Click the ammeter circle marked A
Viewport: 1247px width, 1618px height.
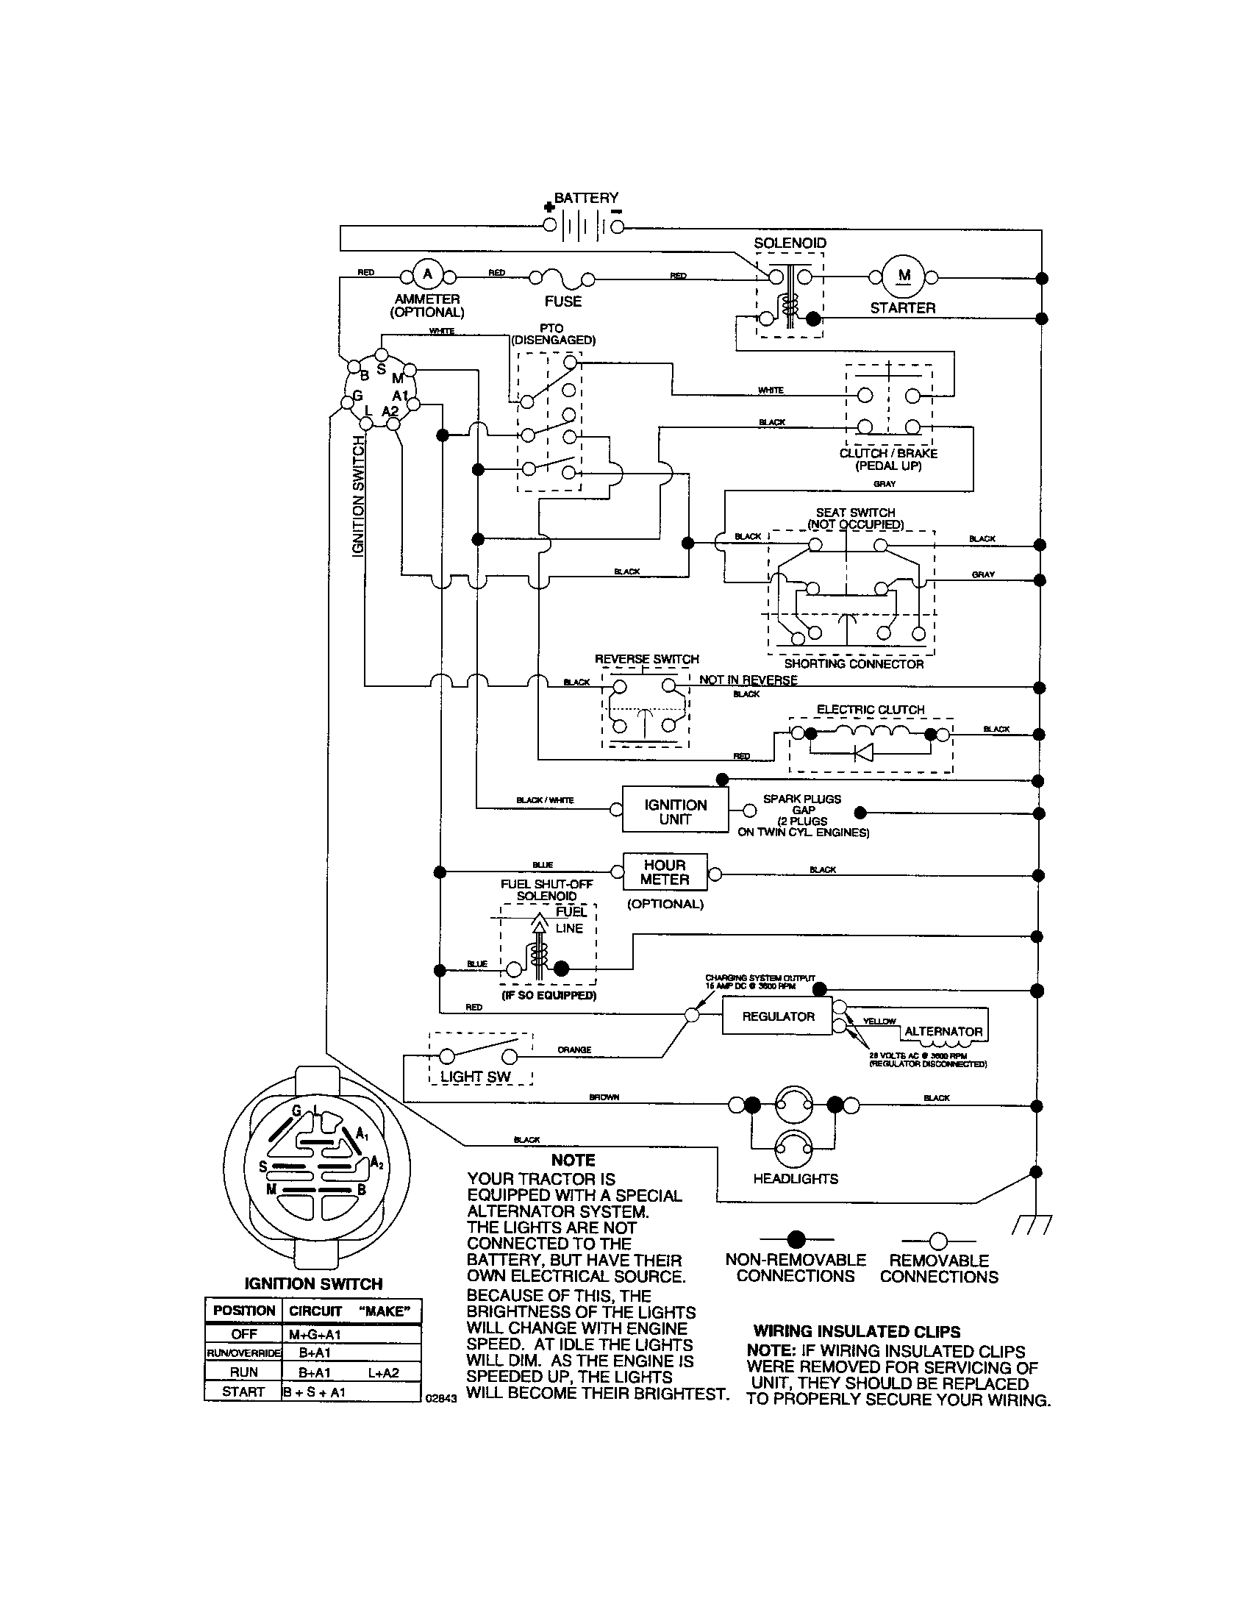click(x=427, y=275)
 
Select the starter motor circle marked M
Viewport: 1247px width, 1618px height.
click(x=904, y=276)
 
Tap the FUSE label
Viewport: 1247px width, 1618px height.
click(x=562, y=302)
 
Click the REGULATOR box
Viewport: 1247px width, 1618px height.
click(x=777, y=1016)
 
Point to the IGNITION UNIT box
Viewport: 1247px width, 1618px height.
click(x=674, y=812)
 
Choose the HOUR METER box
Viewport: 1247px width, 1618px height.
click(x=664, y=872)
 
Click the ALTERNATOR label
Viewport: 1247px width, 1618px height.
click(x=943, y=1031)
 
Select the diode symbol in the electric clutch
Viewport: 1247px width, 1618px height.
click(x=863, y=752)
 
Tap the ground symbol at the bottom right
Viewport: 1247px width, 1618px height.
click(x=1032, y=1226)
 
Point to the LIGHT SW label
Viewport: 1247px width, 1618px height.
click(x=476, y=1077)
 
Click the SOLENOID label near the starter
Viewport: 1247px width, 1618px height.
click(x=790, y=243)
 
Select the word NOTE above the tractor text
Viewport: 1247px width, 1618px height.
click(x=573, y=1160)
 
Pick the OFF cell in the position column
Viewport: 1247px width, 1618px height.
click(x=243, y=1334)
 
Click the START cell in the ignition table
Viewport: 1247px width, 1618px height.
click(x=243, y=1392)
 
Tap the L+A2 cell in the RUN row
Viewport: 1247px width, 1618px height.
click(x=383, y=1373)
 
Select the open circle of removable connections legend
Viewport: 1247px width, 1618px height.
click(x=938, y=1239)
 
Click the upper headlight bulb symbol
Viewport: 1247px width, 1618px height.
click(x=794, y=1105)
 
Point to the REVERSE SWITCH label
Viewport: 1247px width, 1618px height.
click(x=646, y=659)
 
